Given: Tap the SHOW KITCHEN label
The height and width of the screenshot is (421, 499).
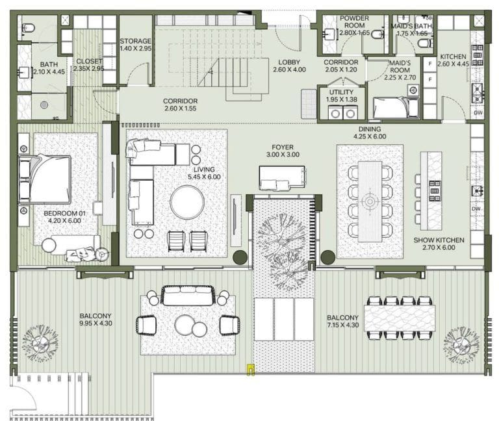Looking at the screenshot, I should pyautogui.click(x=439, y=240).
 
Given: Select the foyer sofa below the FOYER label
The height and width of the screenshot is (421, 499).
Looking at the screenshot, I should pyautogui.click(x=283, y=177).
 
